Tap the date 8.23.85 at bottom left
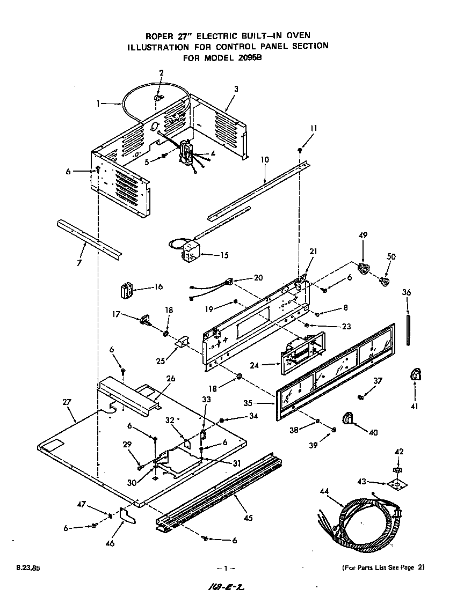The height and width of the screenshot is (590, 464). [x=20, y=567]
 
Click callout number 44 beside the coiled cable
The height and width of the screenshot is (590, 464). [x=324, y=490]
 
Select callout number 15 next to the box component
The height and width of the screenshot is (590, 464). [x=224, y=255]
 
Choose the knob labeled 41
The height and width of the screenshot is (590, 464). [x=415, y=375]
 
